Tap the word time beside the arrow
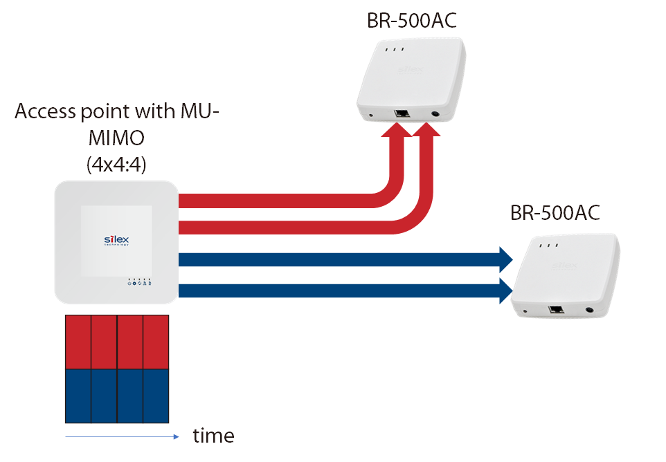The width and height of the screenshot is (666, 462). click(213, 436)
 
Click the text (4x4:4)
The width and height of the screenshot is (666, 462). click(116, 165)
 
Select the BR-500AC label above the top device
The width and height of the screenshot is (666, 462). click(412, 21)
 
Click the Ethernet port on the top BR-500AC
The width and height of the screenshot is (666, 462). click(400, 113)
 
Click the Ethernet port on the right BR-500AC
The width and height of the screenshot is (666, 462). click(555, 310)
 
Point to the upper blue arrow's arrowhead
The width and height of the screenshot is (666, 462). click(504, 260)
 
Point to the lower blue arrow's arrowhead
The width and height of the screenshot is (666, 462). click(504, 290)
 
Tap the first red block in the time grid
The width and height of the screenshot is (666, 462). click(78, 342)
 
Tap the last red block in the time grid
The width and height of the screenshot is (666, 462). click(156, 342)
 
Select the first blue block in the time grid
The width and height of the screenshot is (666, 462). click(78, 396)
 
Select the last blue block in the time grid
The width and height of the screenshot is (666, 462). click(156, 396)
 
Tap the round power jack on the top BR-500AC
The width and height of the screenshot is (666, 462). click(436, 115)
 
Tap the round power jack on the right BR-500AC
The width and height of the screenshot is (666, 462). click(590, 312)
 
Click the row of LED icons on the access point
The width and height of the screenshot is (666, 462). click(140, 282)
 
